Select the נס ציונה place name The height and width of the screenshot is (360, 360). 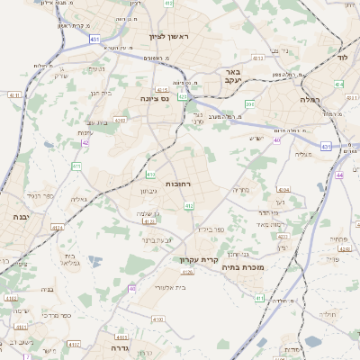coord(155,98)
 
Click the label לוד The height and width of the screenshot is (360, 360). coord(342,57)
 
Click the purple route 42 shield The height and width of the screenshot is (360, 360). coord(85,142)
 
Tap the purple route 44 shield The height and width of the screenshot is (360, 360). coord(339,175)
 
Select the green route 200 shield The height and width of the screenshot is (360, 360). coord(249,104)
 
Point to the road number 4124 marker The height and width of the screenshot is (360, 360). coord(58,228)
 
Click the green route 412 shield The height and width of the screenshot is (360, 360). coord(189,206)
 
